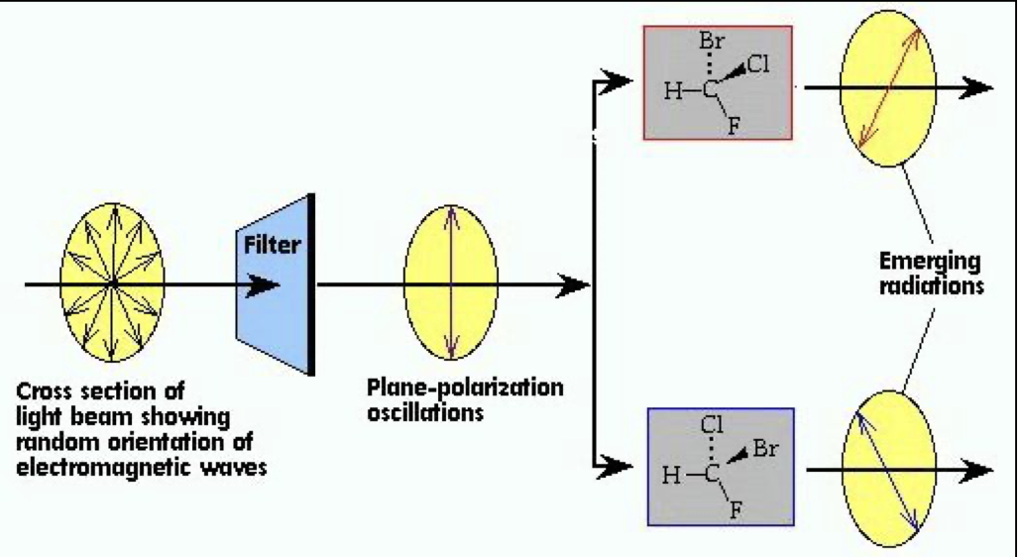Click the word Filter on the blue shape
(272, 245)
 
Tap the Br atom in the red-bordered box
(711, 43)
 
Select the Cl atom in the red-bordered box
(757, 66)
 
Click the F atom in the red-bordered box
(735, 127)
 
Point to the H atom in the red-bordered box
(674, 92)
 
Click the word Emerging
(930, 263)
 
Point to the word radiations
(933, 286)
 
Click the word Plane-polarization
(465, 388)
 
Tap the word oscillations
(425, 411)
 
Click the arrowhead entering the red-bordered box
(619, 79)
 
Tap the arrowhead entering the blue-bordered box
(619, 464)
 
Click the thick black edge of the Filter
(310, 285)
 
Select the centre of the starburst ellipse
(113, 284)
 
